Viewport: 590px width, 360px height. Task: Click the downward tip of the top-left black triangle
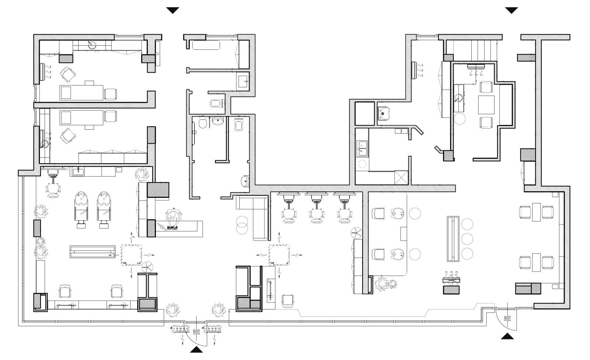click(173, 13)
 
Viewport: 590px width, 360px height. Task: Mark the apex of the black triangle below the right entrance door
click(507, 333)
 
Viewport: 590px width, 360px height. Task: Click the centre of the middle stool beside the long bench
click(467, 239)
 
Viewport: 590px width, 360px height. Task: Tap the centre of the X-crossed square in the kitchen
click(401, 177)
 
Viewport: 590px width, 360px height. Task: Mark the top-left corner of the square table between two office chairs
click(478, 96)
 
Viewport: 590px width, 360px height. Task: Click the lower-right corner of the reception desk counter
click(202, 237)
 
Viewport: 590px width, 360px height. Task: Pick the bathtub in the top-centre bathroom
click(206, 45)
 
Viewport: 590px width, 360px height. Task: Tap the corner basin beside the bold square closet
click(383, 113)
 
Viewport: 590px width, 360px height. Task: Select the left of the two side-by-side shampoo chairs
click(81, 209)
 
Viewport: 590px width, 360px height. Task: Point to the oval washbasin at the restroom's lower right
click(245, 181)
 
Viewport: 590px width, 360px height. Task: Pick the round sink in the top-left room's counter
click(92, 45)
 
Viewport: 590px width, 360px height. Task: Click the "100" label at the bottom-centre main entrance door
click(195, 332)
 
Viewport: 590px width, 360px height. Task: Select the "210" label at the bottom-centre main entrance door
click(199, 332)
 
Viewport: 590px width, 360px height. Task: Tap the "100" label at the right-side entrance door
click(505, 318)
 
